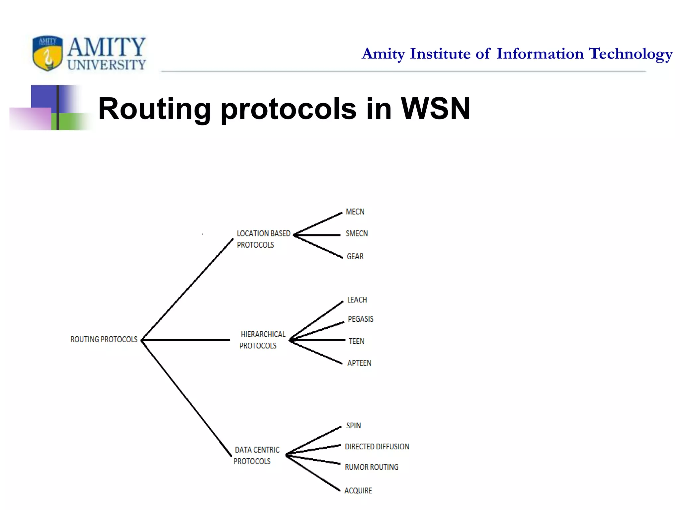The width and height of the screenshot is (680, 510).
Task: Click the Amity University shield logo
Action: (x=47, y=53)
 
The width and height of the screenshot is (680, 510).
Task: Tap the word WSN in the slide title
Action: (x=435, y=109)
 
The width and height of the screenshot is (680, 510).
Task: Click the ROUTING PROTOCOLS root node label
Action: (x=104, y=339)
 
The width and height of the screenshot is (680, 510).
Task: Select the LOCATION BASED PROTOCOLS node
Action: (x=263, y=239)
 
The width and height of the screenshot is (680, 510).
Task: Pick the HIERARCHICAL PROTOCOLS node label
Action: (x=262, y=340)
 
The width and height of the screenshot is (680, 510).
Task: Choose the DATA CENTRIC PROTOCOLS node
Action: (x=257, y=456)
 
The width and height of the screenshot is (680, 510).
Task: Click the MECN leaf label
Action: (x=355, y=212)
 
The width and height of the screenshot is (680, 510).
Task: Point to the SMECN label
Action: (x=357, y=234)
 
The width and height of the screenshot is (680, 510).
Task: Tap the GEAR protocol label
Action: (x=355, y=256)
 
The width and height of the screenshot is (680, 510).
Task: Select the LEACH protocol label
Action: (x=357, y=300)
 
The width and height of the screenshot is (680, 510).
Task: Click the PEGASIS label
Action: (x=361, y=319)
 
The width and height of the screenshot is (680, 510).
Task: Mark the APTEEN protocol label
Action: (x=359, y=363)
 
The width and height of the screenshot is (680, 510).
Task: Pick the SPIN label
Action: (x=353, y=426)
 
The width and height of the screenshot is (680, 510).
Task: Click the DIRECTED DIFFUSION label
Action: (x=377, y=447)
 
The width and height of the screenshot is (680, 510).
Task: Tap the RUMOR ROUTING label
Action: (x=372, y=467)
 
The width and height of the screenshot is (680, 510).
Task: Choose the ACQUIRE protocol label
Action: (x=358, y=491)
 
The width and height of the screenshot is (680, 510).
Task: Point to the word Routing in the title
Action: (x=154, y=109)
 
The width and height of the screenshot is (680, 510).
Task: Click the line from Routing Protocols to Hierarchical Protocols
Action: (x=186, y=340)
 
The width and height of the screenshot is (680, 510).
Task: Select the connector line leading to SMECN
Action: (x=317, y=235)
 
